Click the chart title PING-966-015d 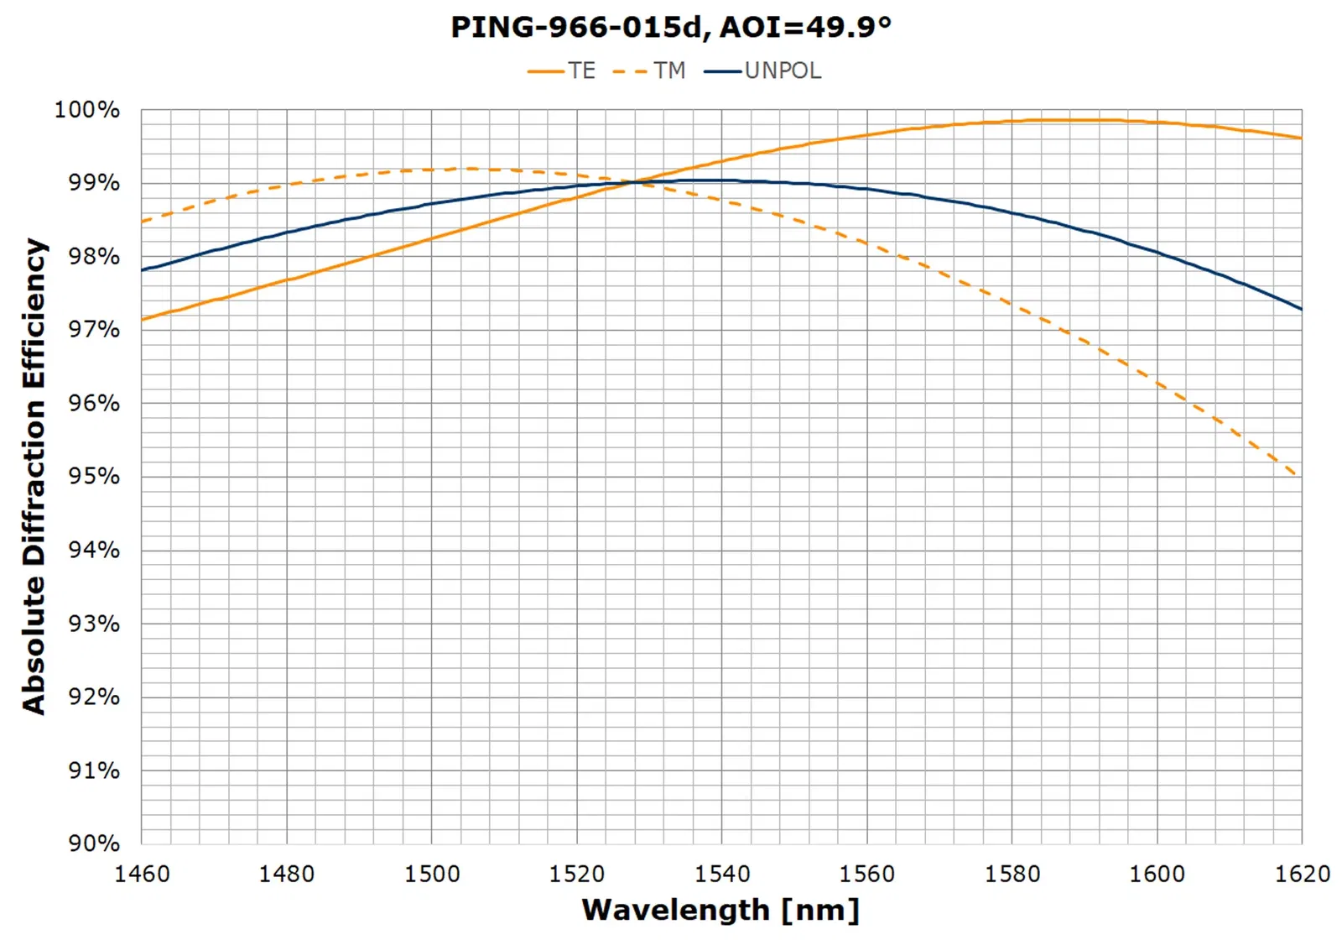pyautogui.click(x=670, y=27)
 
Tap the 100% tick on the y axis pyautogui.click(x=87, y=110)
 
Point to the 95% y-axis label pyautogui.click(x=93, y=477)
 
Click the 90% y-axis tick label pyautogui.click(x=93, y=843)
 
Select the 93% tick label pyautogui.click(x=93, y=624)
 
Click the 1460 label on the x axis pyautogui.click(x=142, y=874)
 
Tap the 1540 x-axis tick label pyautogui.click(x=722, y=874)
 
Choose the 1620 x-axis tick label pyautogui.click(x=1302, y=874)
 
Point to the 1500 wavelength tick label pyautogui.click(x=432, y=874)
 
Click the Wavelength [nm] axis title pyautogui.click(x=720, y=910)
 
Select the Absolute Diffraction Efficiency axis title pyautogui.click(x=34, y=476)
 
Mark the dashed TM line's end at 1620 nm pyautogui.click(x=1298, y=475)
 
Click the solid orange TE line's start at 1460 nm pyautogui.click(x=143, y=319)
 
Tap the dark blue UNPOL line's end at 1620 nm pyautogui.click(x=1301, y=309)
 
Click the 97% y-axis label pyautogui.click(x=93, y=330)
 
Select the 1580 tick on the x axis pyautogui.click(x=1012, y=874)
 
